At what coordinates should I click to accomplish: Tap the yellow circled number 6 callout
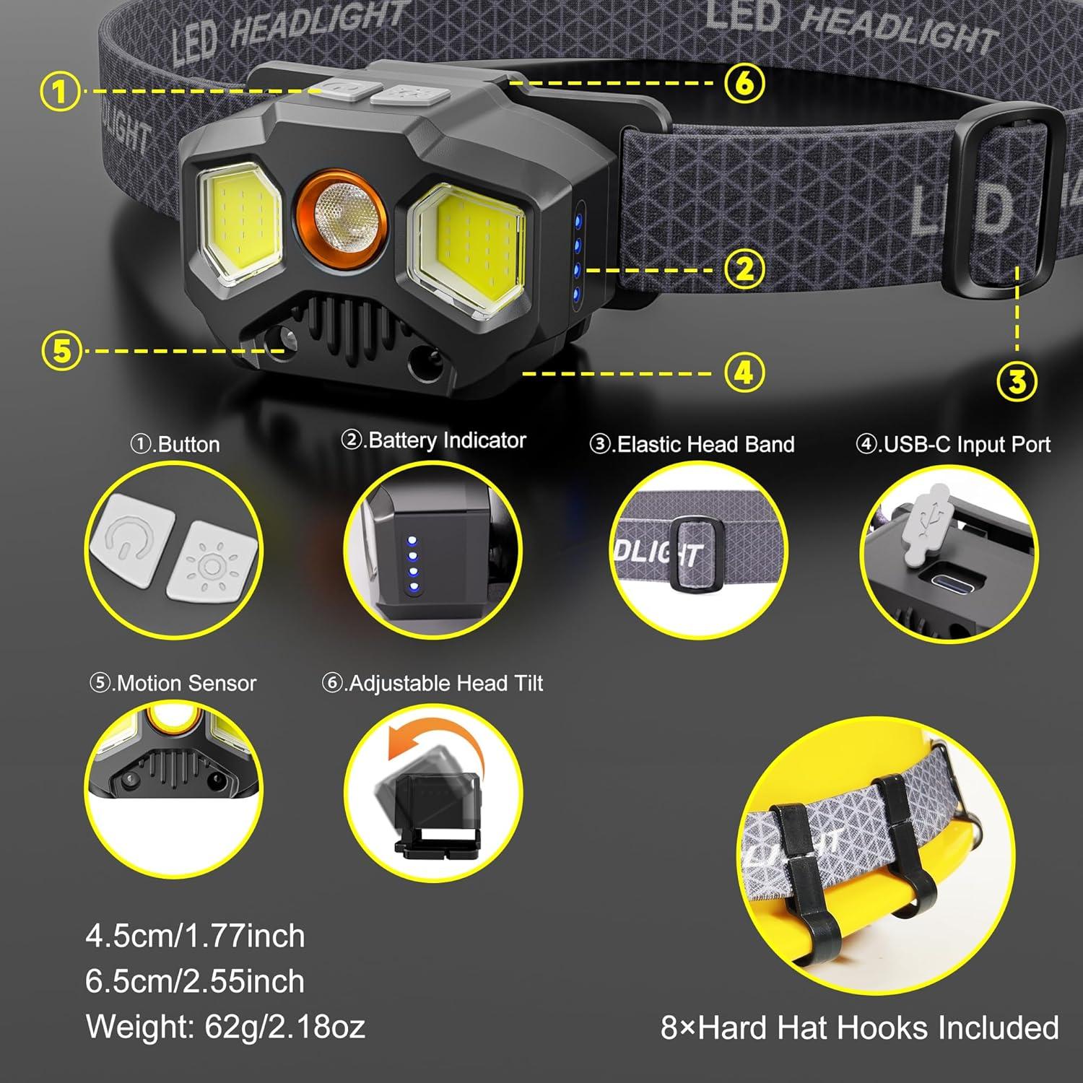(744, 83)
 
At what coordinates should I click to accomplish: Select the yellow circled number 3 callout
(1017, 381)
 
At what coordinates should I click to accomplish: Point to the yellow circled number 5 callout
(62, 351)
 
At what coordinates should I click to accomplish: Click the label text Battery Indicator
(434, 440)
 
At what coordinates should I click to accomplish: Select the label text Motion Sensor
(173, 683)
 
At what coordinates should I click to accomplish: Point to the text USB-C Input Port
(954, 444)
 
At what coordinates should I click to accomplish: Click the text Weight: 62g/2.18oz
(225, 1027)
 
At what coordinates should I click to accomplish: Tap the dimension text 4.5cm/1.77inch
(195, 936)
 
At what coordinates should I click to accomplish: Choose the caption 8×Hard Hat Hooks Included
(859, 1027)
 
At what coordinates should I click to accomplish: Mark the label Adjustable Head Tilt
(432, 683)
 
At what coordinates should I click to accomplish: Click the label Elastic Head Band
(692, 444)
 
